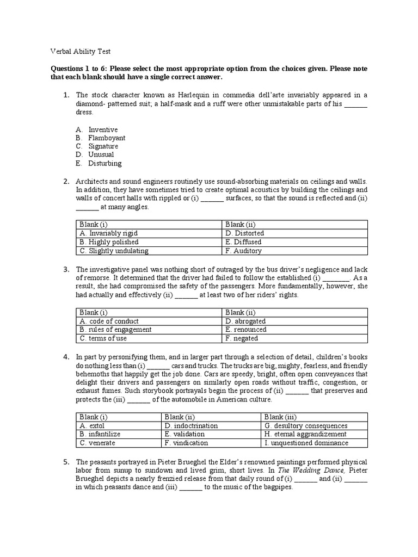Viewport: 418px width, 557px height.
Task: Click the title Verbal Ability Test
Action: click(x=81, y=51)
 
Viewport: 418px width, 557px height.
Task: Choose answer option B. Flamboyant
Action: click(x=101, y=138)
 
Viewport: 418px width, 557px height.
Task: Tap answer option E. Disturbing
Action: click(x=99, y=163)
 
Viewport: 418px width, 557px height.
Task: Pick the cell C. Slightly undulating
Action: click(x=114, y=251)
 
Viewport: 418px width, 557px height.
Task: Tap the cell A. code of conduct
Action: click(x=109, y=321)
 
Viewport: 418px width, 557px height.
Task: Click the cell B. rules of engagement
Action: click(x=115, y=330)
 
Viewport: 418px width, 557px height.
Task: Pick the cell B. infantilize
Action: click(x=100, y=434)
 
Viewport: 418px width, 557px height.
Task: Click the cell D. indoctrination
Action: click(x=191, y=425)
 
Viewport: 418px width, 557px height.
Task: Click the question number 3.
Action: click(x=66, y=269)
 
